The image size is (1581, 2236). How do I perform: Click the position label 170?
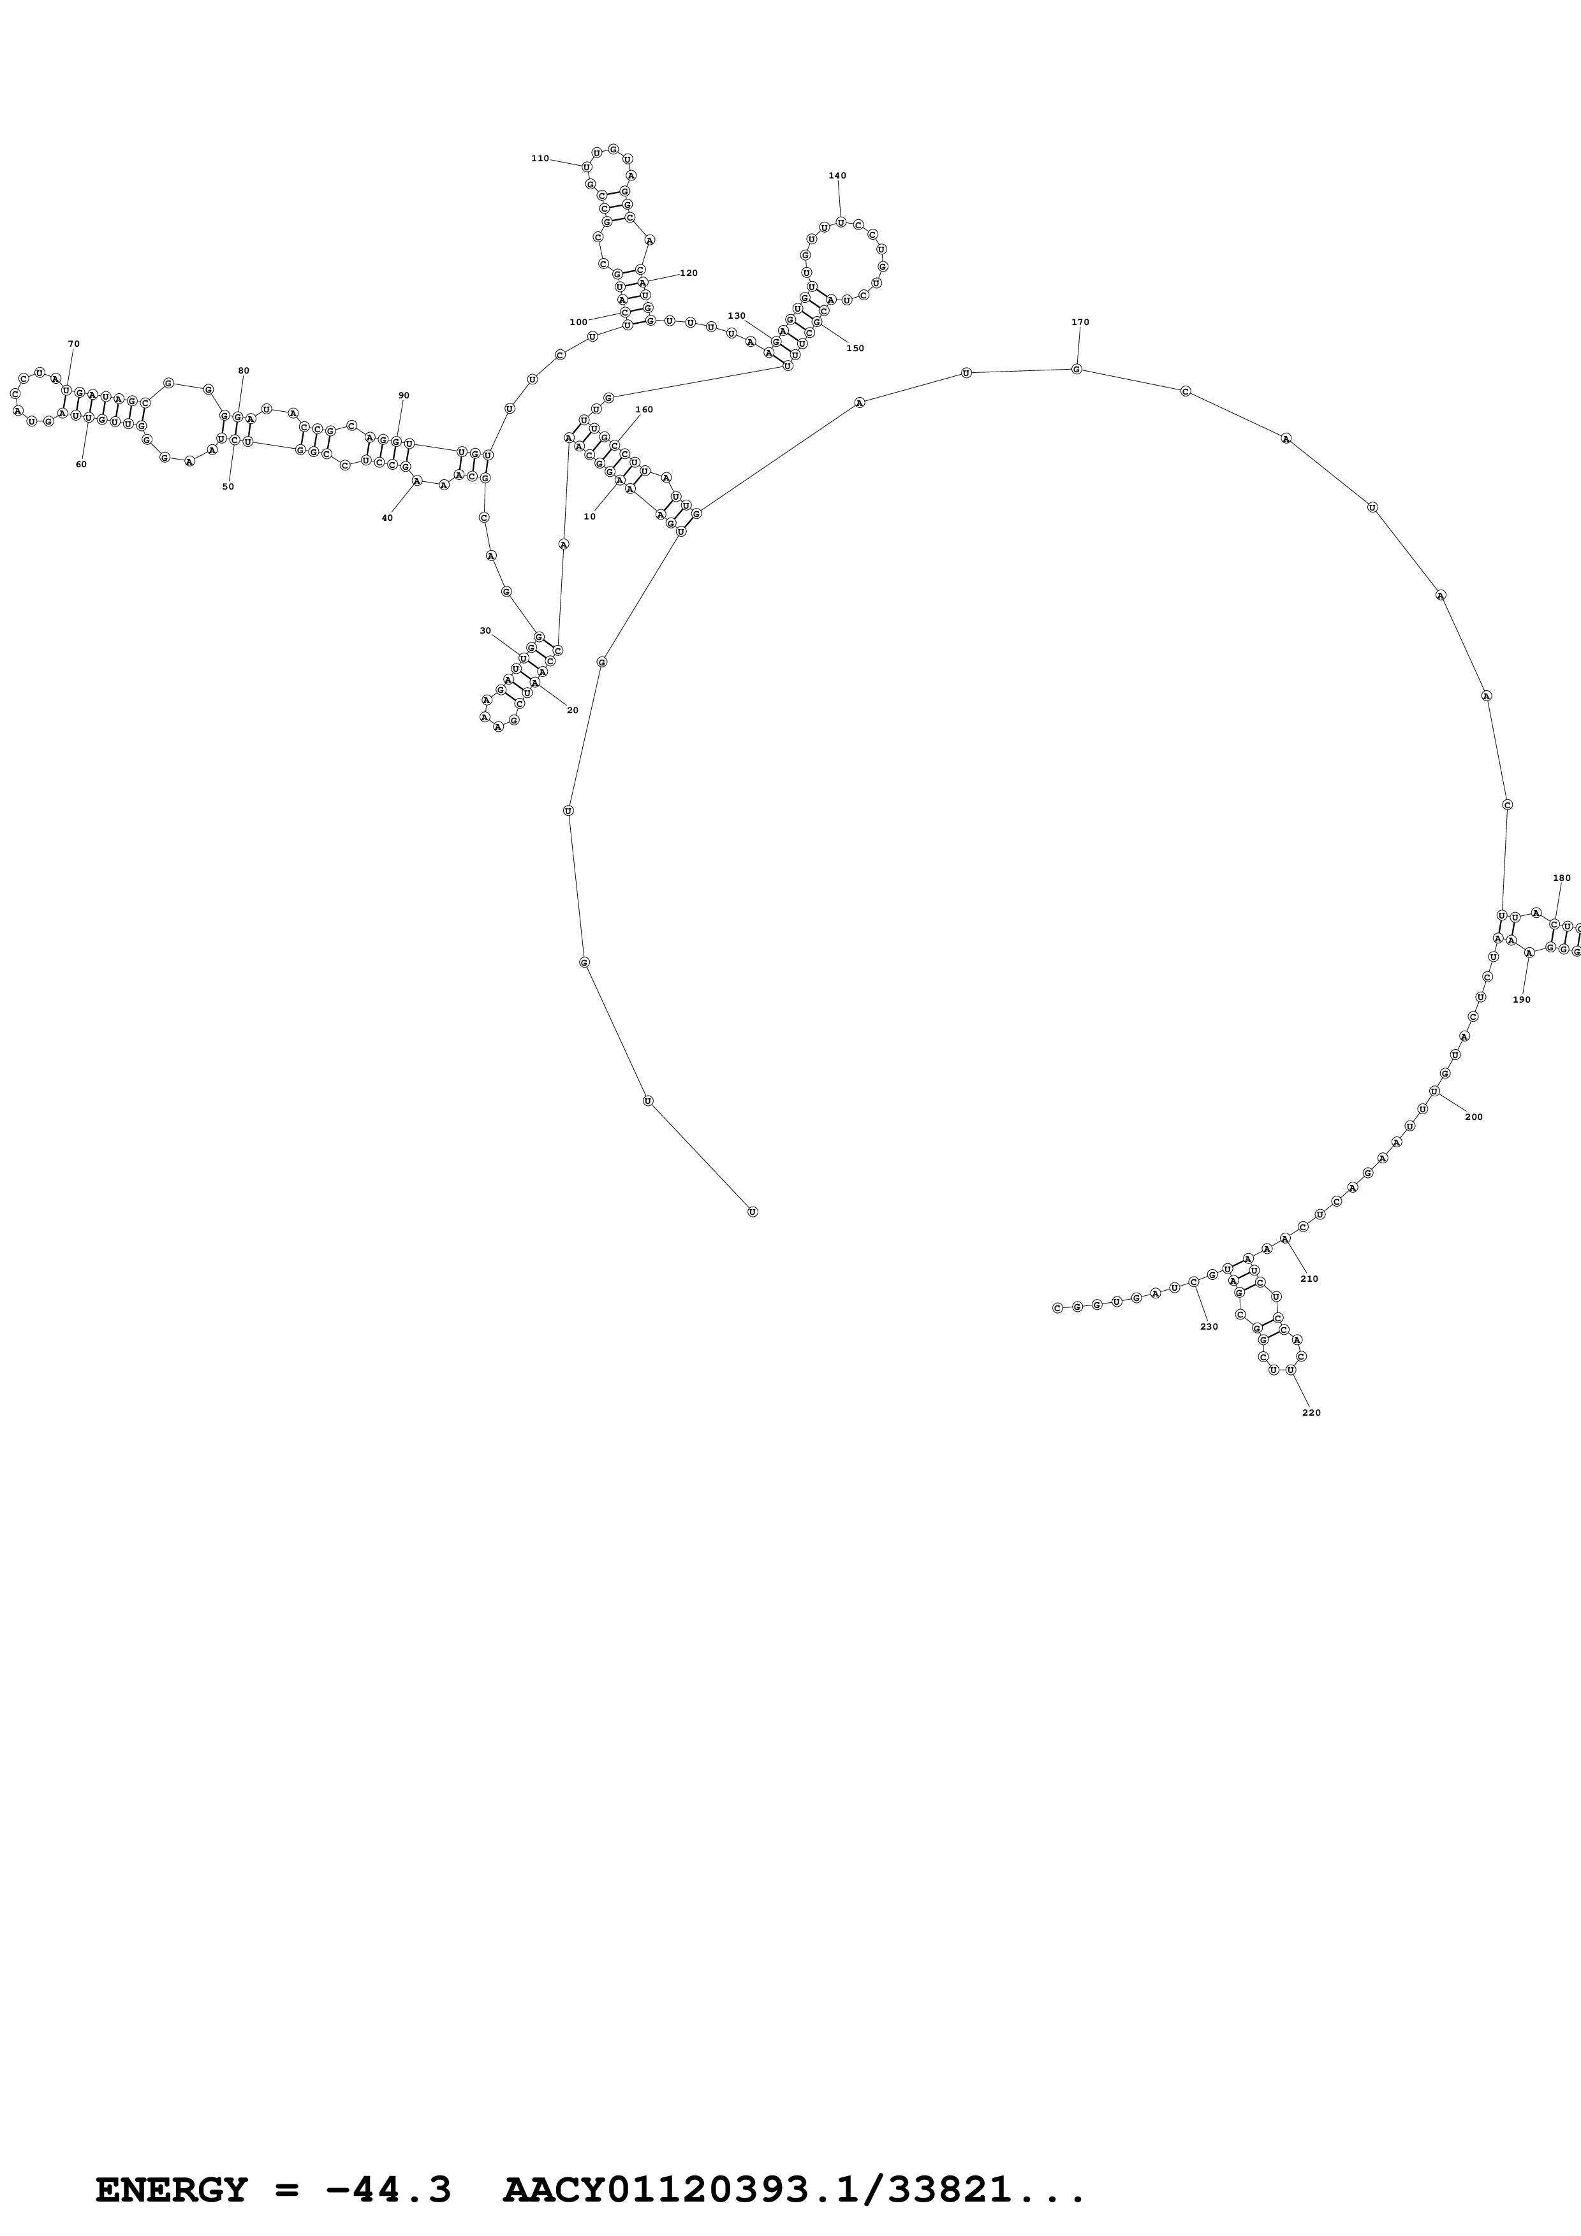coord(1079,323)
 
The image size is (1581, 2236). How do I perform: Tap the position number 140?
coord(837,177)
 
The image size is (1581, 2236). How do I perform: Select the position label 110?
coord(540,159)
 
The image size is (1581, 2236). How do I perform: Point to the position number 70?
coord(74,344)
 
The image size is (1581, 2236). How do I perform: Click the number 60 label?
coord(81,465)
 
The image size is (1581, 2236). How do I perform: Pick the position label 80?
coord(244,371)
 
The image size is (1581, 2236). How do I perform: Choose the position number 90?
coord(403,395)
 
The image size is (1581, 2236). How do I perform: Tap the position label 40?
coord(386,518)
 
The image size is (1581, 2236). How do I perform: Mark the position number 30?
coord(485,631)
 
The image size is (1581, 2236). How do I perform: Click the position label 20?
coord(572,710)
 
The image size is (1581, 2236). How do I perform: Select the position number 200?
coord(1473,1117)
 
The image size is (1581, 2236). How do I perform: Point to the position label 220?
coord(1311,1413)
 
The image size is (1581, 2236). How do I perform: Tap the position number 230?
coord(1209,1326)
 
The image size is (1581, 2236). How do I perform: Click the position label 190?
coord(1522,1000)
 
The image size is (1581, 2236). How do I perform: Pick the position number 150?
coord(855,349)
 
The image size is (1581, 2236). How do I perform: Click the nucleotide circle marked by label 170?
coord(1077,369)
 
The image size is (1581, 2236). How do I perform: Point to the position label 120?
coord(689,273)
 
